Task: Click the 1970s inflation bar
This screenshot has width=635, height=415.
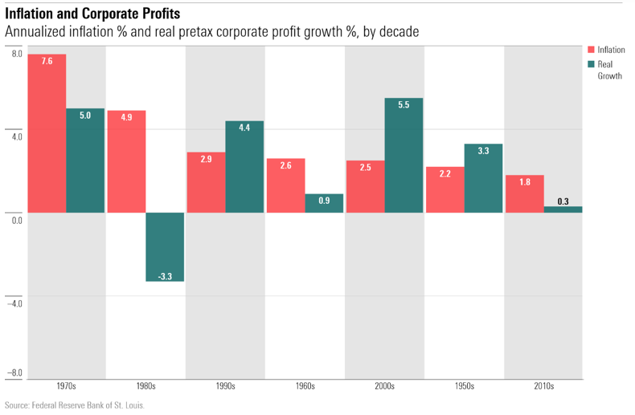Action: [x=47, y=133]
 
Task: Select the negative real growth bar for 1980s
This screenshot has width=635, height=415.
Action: [x=166, y=246]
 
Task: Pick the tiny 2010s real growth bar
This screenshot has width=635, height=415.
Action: [x=563, y=210]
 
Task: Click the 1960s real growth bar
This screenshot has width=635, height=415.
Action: [x=324, y=203]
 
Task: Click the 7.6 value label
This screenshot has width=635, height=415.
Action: [x=47, y=62]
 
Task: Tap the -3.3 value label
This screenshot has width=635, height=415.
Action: [x=166, y=275]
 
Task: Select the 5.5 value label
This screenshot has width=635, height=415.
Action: [x=404, y=105]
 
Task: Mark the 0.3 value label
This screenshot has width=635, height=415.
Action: [x=563, y=201]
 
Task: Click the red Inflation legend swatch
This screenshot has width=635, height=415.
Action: [x=591, y=50]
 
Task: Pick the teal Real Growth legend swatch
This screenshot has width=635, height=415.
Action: [x=591, y=64]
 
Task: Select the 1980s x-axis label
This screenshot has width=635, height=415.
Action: [x=145, y=386]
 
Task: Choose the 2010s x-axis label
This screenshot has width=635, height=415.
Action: [x=543, y=386]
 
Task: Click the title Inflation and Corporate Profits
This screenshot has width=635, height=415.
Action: [x=92, y=14]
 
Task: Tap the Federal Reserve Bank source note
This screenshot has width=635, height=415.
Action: [x=75, y=405]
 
